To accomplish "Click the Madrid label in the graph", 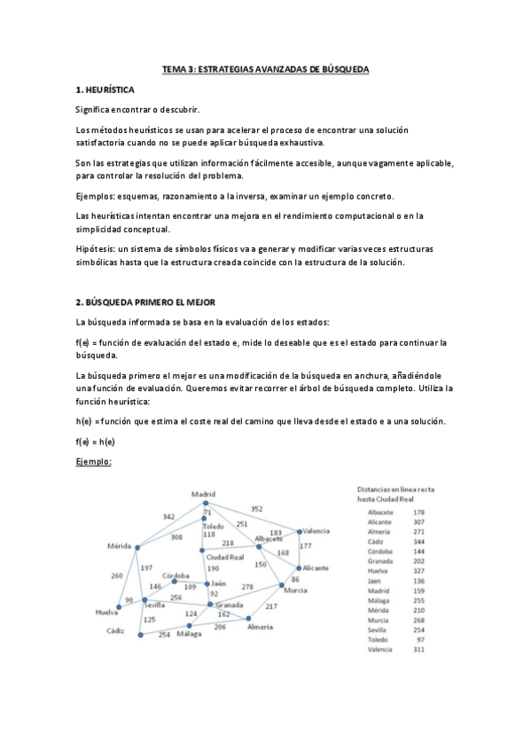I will (205, 494).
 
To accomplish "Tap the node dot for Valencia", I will (300, 532).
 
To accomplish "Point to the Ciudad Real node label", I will (224, 557).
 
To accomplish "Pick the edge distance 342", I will (168, 516).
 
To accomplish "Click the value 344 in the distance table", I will (419, 540).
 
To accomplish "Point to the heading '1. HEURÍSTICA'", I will (105, 90).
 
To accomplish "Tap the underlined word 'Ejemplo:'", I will (93, 461).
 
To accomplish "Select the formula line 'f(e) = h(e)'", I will (96, 441).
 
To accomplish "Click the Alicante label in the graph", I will (315, 568).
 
